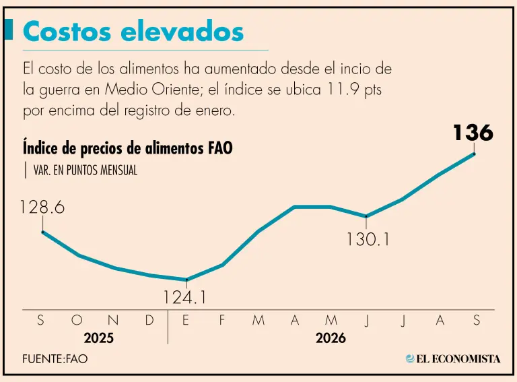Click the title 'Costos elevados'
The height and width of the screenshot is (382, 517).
point(133,32)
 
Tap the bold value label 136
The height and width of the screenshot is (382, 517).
point(473,133)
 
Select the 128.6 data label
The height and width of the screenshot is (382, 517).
point(42,207)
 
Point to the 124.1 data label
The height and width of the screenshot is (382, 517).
point(184,297)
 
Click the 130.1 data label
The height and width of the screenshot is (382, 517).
point(368,239)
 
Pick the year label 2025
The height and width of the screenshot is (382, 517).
point(98,338)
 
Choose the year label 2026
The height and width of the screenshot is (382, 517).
point(331,338)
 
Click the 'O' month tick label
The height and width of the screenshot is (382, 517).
point(77,320)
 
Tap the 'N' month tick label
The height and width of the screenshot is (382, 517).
point(113,320)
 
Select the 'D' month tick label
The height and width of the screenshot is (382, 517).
point(149,320)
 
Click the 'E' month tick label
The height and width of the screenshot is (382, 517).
point(186,320)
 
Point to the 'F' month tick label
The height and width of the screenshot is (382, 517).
point(222,320)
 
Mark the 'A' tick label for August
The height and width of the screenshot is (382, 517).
point(440,320)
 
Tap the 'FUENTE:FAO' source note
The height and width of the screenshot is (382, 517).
point(55,358)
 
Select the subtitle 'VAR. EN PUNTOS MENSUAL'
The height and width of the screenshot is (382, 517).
point(85,170)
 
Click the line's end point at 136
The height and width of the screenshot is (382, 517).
point(474,154)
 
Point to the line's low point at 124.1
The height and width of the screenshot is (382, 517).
point(186,280)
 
